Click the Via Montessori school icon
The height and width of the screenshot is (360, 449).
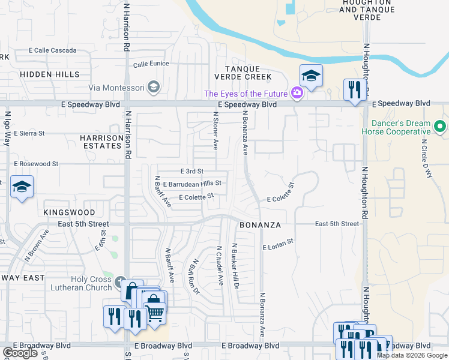point(153,88)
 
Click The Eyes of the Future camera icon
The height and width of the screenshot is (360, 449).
point(296,93)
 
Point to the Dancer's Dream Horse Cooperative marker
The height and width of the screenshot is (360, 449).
point(439,127)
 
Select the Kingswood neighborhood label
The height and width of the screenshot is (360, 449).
point(69,212)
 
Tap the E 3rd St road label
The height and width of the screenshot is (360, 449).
point(192,172)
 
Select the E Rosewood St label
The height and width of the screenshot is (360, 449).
point(35,163)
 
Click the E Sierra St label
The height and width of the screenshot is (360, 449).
point(31,133)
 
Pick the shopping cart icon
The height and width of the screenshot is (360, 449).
point(155,312)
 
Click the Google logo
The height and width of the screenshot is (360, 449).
point(20,352)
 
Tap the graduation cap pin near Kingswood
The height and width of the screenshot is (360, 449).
point(22,187)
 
